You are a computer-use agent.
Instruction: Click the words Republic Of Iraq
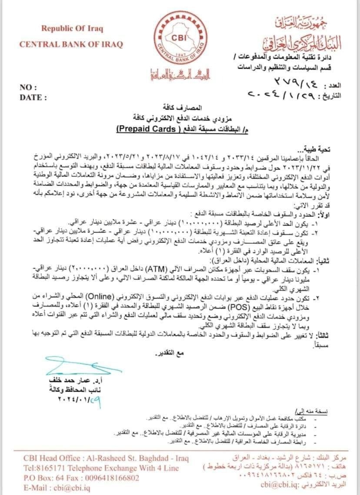[72, 29]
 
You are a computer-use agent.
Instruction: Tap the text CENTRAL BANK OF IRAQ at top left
[71, 44]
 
